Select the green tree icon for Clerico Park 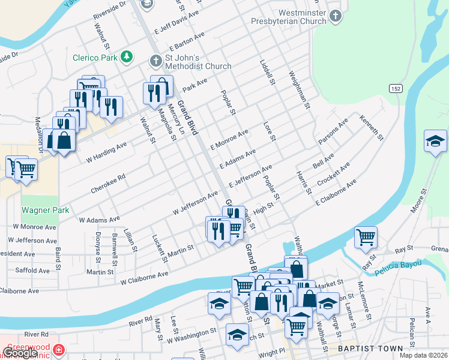pyautogui.click(x=126, y=56)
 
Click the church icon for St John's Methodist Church pyautogui.click(x=155, y=61)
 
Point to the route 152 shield pyautogui.click(x=395, y=88)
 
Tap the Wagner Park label pyautogui.click(x=46, y=210)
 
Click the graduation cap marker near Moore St pyautogui.click(x=435, y=142)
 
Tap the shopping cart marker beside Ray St pyautogui.click(x=365, y=238)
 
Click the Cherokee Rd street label pyautogui.click(x=108, y=184)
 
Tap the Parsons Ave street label pyautogui.click(x=333, y=131)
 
